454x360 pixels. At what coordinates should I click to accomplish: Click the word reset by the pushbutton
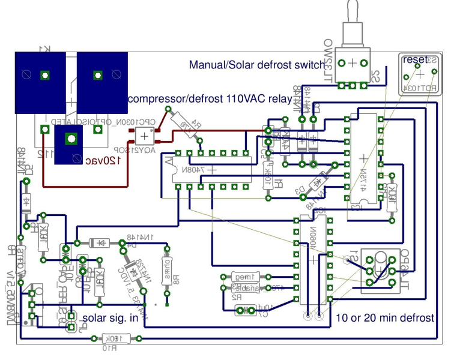[x=415, y=59]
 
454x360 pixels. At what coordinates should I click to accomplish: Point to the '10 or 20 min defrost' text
[x=385, y=317]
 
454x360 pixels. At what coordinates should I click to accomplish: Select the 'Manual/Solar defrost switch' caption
[x=249, y=64]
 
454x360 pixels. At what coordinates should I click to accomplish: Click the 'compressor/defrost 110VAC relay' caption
[x=210, y=98]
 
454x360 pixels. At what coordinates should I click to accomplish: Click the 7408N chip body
[x=211, y=170]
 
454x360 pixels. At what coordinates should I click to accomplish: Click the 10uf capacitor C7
[x=246, y=310]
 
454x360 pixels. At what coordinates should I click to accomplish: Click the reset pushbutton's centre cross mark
[x=420, y=73]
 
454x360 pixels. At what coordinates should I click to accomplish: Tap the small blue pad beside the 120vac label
[x=71, y=139]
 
